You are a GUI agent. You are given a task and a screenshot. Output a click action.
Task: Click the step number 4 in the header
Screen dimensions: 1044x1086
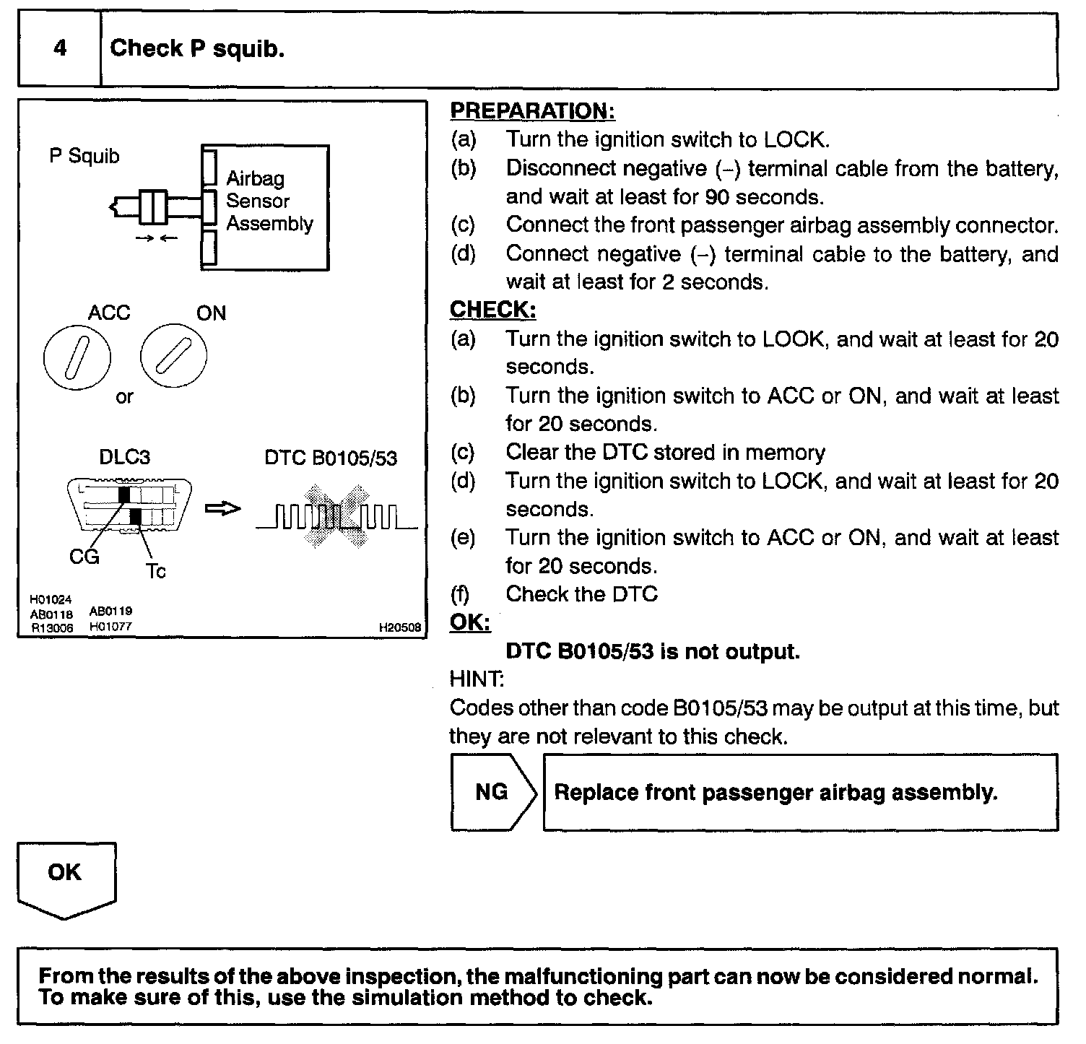(60, 49)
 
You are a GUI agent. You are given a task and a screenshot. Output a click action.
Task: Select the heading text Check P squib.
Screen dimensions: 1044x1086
(196, 49)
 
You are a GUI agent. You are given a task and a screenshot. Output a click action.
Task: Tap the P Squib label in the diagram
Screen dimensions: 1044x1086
(84, 156)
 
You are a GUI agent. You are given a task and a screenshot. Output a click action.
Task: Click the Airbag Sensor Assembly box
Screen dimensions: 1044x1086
(265, 207)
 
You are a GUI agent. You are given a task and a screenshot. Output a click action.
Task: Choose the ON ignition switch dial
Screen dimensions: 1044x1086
(173, 357)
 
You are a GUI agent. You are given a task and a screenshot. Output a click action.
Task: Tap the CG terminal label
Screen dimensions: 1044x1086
(84, 557)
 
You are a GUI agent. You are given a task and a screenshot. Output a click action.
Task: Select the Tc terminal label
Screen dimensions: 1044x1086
(155, 571)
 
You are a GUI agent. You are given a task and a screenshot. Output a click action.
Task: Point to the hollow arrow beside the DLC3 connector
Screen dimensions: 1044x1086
(222, 509)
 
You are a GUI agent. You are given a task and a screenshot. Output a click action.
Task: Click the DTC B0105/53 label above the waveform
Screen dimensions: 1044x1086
(331, 458)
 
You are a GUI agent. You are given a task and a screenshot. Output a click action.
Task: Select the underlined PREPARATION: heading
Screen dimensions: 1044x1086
(532, 111)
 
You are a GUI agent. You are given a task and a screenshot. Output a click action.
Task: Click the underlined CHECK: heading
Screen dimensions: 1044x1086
(492, 310)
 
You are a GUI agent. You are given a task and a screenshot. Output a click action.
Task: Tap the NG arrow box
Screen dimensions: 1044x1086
(492, 792)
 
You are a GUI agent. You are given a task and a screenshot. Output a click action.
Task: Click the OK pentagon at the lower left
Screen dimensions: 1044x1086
(66, 876)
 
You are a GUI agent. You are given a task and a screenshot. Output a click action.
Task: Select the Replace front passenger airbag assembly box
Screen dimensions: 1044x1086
(799, 792)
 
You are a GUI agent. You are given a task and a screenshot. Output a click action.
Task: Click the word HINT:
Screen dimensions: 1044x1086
(477, 679)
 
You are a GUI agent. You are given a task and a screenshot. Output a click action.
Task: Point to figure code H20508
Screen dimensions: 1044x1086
(399, 627)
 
